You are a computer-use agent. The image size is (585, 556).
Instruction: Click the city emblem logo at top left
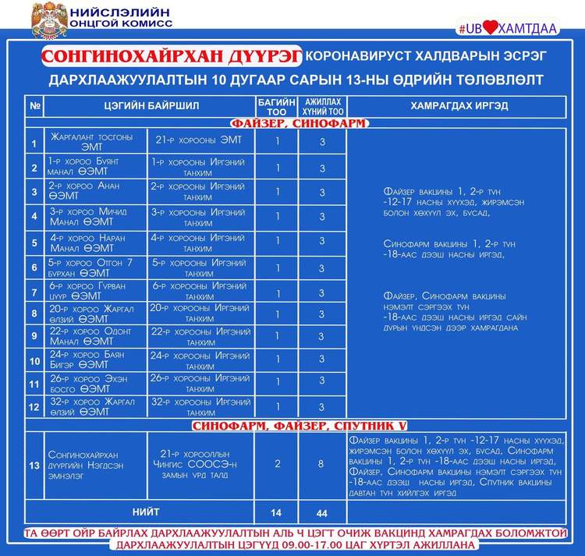pyautogui.click(x=48, y=20)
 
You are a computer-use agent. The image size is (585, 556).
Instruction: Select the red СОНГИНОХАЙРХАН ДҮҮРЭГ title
pyautogui.click(x=172, y=58)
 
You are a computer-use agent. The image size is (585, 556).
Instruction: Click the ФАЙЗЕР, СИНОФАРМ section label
pyautogui.click(x=298, y=123)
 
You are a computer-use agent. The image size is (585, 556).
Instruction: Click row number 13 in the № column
pyautogui.click(x=34, y=466)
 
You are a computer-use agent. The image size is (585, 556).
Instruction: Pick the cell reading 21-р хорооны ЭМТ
pyautogui.click(x=201, y=140)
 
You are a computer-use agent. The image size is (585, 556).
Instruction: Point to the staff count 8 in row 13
pyautogui.click(x=321, y=463)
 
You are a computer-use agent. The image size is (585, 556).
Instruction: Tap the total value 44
pyautogui.click(x=321, y=514)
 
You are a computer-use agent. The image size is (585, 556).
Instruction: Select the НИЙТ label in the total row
pyautogui.click(x=146, y=512)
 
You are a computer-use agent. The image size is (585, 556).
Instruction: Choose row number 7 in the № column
pyautogui.click(x=34, y=292)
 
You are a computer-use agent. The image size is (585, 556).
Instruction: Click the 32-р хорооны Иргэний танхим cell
pyautogui.click(x=201, y=406)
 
